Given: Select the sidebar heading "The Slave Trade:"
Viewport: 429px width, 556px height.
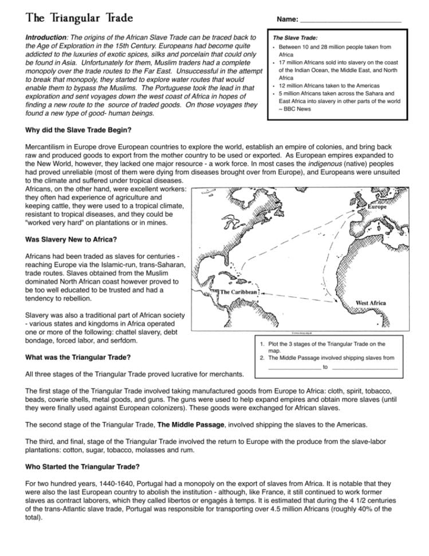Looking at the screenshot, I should [x=295, y=37].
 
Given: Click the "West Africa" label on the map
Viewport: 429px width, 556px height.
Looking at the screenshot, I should [x=370, y=302].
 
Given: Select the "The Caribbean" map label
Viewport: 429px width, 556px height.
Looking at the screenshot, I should [x=239, y=292].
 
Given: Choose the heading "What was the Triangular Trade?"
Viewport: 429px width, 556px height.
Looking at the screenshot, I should [x=78, y=357].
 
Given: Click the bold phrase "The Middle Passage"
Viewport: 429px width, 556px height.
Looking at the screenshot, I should [x=192, y=425].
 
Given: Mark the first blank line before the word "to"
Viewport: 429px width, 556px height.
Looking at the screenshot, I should [x=293, y=367].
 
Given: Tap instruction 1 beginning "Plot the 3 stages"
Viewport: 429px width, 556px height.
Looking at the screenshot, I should [x=326, y=344].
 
